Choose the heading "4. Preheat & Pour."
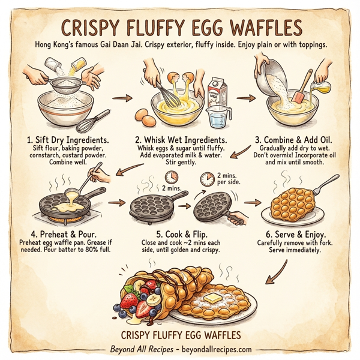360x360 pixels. point(59,235)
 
